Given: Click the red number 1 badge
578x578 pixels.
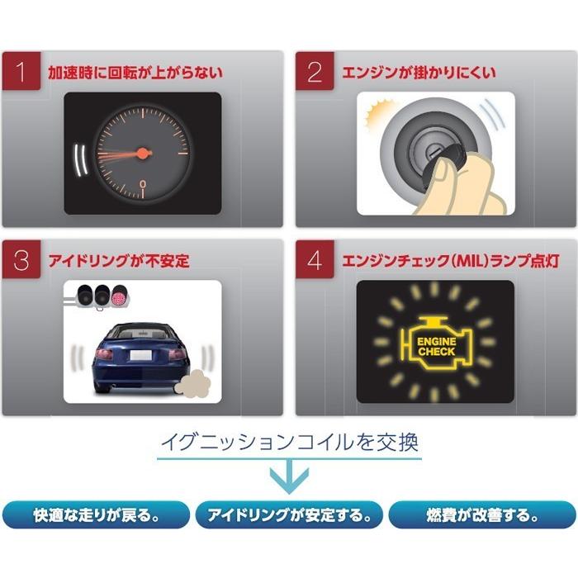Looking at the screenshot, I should coord(21,72).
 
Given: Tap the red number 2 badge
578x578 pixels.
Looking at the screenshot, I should coord(315,72).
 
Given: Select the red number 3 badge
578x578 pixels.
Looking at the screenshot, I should coord(21,261).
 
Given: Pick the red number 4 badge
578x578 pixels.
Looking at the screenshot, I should coord(315,261).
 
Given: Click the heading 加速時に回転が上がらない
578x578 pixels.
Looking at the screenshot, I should coord(135,73).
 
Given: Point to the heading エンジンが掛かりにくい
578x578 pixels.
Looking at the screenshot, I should coord(419,73).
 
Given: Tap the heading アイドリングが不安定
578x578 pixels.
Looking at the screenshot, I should coord(119,262).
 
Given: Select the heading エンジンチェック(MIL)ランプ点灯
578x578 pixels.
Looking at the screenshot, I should coord(450,262).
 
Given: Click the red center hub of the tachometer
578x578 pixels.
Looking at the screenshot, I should coord(143,153).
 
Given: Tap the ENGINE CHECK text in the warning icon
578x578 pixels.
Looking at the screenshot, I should coord(436,346).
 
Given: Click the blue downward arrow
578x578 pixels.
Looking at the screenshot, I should coord(290,477).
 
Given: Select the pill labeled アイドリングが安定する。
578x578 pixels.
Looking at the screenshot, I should coord(288,516).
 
